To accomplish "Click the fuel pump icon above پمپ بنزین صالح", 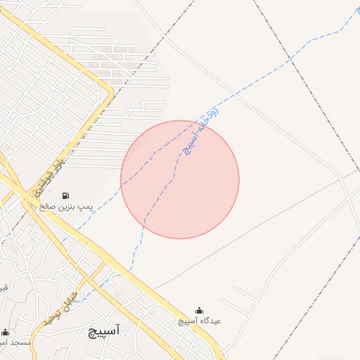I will (65, 195).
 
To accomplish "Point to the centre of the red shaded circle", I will (180, 179).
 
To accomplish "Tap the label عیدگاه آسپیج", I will (199, 321).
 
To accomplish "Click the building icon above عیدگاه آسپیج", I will (199, 310).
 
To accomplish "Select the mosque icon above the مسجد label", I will (6, 332).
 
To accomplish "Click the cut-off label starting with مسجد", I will (14, 342).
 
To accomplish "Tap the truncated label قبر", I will (4, 287).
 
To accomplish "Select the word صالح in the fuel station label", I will (47, 207).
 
